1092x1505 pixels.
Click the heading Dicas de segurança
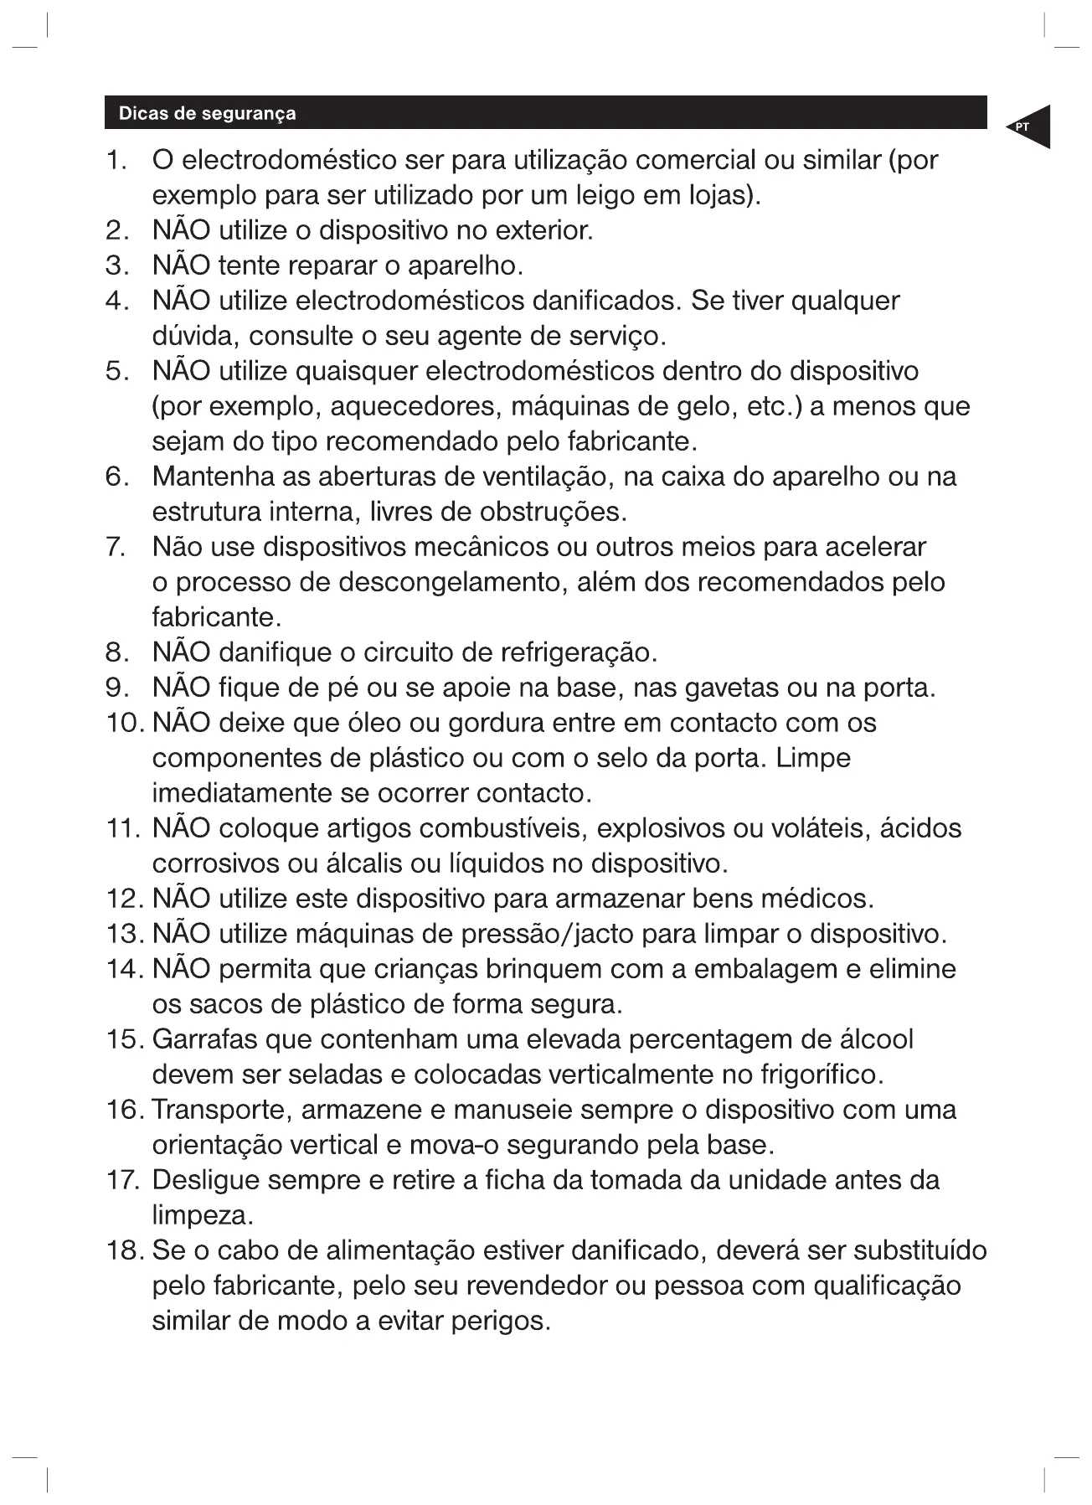click(207, 113)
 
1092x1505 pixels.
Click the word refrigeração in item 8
click(578, 652)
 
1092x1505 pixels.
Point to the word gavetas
click(731, 688)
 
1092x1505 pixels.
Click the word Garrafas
click(204, 1039)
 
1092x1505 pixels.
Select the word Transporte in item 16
click(221, 1110)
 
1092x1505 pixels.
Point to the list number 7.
click(116, 547)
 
